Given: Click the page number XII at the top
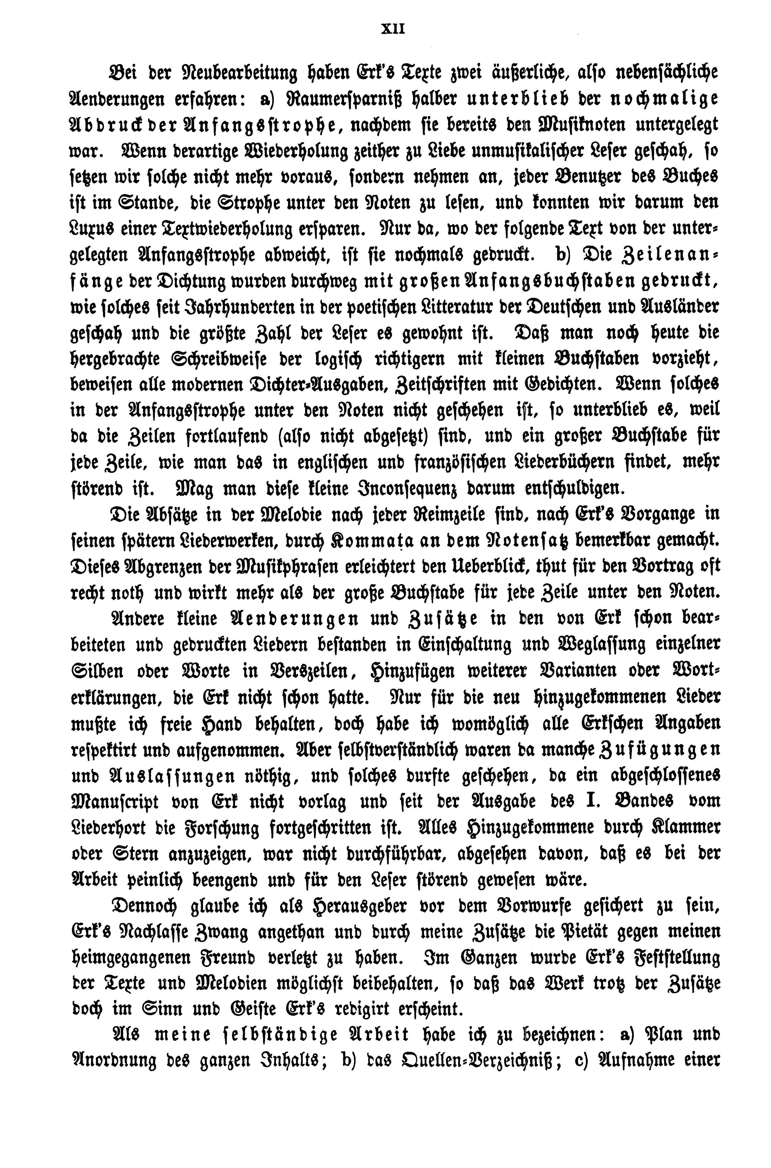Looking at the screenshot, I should click(392, 29).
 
